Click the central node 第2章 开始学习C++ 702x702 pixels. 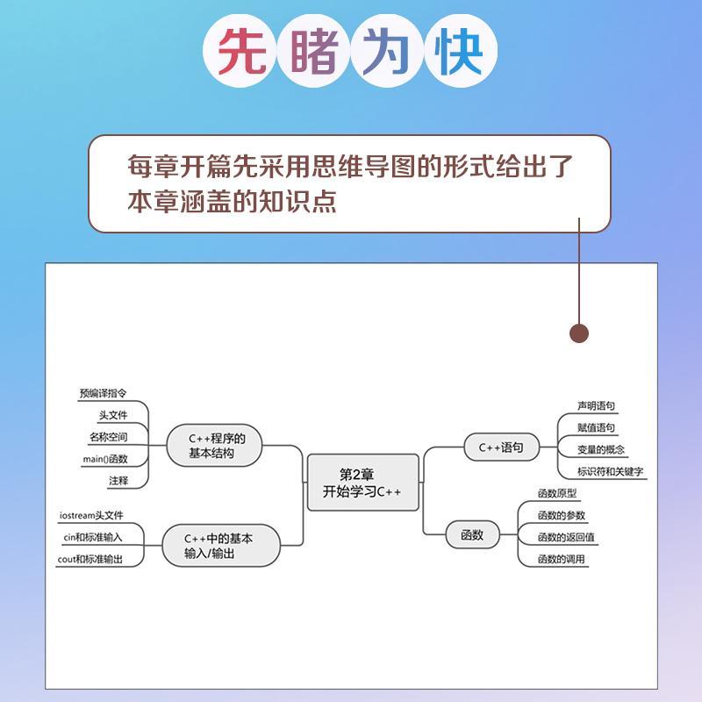tap(362, 482)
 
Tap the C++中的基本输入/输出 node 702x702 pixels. tap(220, 546)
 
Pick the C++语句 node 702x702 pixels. tap(501, 447)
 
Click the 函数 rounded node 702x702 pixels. tap(472, 534)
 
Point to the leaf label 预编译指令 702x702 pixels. tap(102, 394)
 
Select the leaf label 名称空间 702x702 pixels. tap(108, 436)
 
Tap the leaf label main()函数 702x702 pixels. tap(104, 458)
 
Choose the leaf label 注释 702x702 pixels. tap(118, 480)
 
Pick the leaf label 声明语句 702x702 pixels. tap(596, 406)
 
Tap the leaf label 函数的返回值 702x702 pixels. tap(566, 537)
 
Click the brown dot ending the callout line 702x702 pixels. tap(579, 333)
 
